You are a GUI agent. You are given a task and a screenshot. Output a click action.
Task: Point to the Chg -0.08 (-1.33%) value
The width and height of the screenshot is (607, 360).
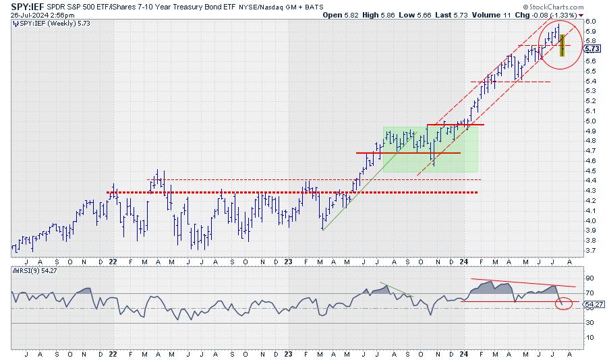pos(550,14)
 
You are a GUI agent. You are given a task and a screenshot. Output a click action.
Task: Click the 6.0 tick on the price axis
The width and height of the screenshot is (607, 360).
pos(589,22)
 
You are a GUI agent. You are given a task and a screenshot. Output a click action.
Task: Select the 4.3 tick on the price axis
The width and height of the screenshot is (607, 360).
pos(589,191)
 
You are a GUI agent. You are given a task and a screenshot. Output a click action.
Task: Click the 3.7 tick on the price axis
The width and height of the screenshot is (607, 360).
pos(589,251)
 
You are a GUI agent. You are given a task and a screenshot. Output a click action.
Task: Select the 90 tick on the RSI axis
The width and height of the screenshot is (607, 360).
pos(589,278)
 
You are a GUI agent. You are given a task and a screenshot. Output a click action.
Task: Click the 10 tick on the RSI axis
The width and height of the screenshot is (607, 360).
pos(589,337)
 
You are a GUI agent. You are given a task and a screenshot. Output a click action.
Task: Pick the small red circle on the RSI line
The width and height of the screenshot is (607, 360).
pos(565,304)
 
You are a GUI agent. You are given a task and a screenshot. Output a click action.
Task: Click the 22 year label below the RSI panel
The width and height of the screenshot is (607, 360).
pos(113,352)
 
